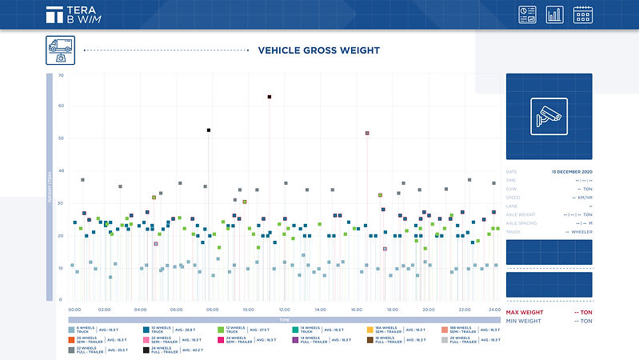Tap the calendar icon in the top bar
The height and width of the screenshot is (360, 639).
[582, 14]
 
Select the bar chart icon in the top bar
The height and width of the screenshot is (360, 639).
[555, 14]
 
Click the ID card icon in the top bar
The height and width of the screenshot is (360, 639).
[528, 14]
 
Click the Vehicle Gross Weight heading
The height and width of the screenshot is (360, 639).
[318, 50]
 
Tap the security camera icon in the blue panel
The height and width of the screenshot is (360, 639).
[549, 116]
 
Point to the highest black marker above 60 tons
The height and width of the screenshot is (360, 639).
[270, 97]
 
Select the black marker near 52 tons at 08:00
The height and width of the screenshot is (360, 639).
[209, 130]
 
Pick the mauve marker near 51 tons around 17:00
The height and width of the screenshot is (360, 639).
[367, 133]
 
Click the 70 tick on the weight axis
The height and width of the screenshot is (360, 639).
[61, 75]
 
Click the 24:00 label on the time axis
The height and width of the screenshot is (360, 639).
[494, 309]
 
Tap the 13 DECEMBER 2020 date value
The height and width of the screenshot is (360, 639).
[572, 172]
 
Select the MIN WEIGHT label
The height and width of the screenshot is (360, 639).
[524, 321]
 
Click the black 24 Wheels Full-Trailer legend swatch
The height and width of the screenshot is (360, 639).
[146, 349]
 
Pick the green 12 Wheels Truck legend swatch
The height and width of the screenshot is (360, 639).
[221, 330]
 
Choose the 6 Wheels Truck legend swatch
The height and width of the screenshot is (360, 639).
[71, 330]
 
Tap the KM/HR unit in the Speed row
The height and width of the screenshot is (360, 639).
[583, 198]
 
